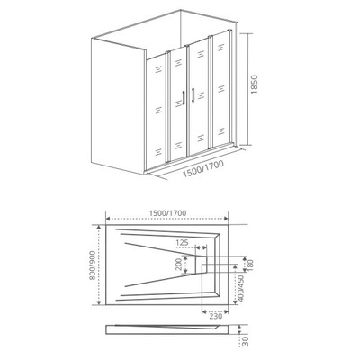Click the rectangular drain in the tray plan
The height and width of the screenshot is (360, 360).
click(202, 265)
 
